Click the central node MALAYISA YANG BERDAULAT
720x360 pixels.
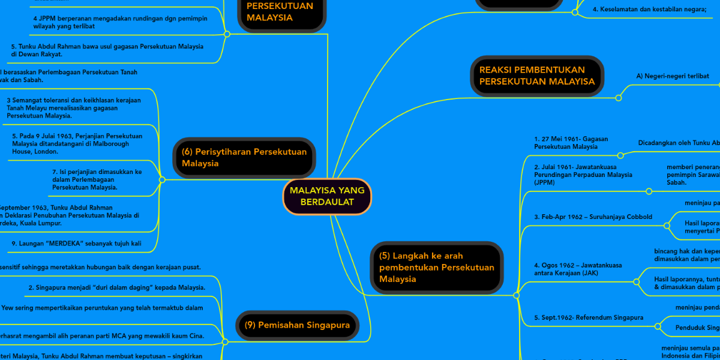click(x=327, y=196)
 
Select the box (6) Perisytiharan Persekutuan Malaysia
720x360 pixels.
click(x=244, y=158)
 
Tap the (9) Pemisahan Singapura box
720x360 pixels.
click(x=297, y=325)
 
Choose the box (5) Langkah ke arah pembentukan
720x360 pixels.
click(x=437, y=268)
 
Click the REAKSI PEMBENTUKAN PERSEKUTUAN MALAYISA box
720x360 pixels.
click(x=537, y=76)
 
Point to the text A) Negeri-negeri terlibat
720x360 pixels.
click(x=673, y=76)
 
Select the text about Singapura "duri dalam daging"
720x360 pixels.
click(x=117, y=287)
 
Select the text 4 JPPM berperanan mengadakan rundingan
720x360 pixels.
click(x=120, y=22)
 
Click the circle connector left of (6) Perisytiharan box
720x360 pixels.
click(x=162, y=179)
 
